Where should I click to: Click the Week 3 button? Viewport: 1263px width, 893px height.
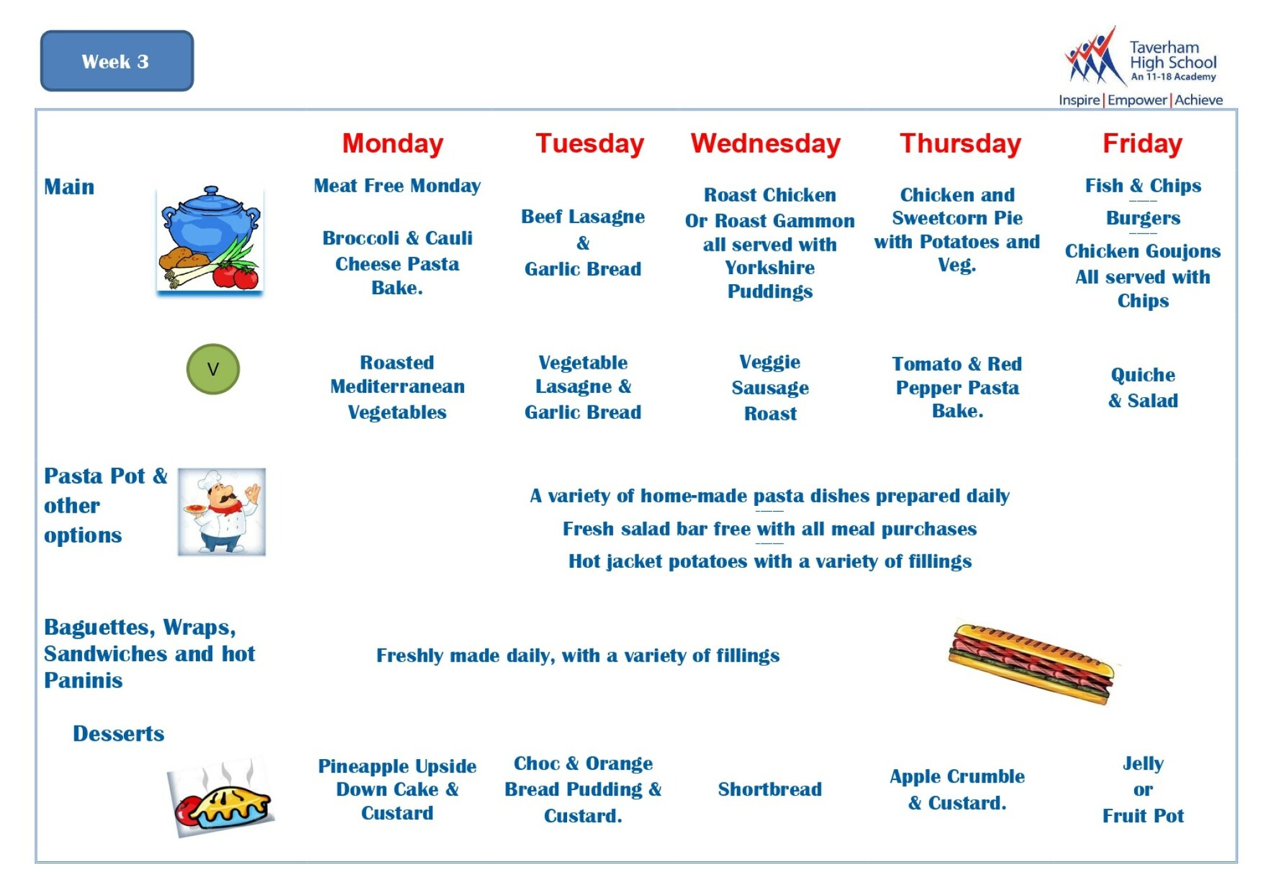coord(117,61)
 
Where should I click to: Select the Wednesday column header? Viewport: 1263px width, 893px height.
coord(765,143)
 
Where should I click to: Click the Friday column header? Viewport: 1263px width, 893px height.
coord(1142,143)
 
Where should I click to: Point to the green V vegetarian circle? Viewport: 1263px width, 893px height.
coord(213,369)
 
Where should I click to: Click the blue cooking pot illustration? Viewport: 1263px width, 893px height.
coord(210,239)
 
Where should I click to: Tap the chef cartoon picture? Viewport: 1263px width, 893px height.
coord(222,512)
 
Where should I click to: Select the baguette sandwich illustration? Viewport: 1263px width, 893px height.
coord(1031,662)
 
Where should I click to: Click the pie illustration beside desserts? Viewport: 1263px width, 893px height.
coord(221,799)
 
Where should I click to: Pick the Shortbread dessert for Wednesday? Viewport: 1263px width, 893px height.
coord(770,789)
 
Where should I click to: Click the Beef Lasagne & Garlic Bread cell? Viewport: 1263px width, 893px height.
coord(583,243)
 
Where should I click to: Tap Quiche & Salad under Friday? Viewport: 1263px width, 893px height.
coord(1143,387)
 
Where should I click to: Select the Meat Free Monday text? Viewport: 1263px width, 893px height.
coord(397,186)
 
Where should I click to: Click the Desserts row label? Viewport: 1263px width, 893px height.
coord(118,733)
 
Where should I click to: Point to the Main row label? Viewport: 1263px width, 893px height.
coord(69,187)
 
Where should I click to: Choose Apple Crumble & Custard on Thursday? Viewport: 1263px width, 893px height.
coord(957,789)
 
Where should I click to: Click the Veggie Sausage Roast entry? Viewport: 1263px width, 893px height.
coord(770,387)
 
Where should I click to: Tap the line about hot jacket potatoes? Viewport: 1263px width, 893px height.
coord(770,561)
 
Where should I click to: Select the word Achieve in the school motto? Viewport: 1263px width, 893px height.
coord(1199,100)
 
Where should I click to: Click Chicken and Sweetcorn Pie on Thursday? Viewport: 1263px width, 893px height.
coord(957,206)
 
